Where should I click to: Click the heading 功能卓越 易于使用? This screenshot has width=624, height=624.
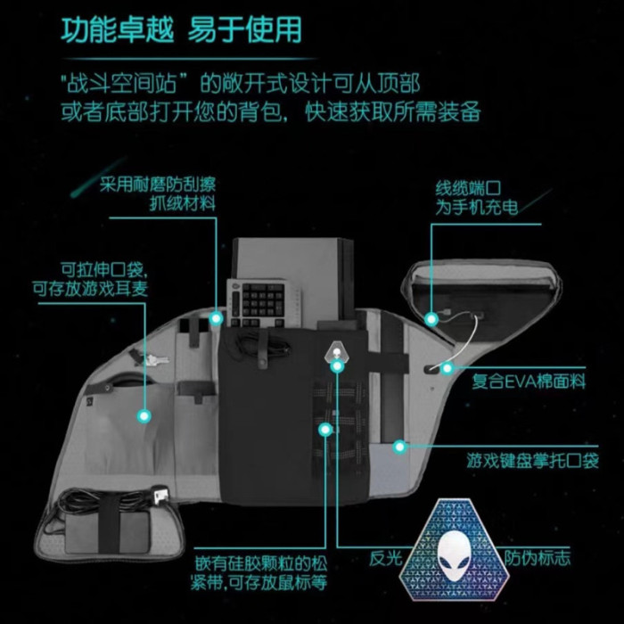pyautogui.click(x=181, y=29)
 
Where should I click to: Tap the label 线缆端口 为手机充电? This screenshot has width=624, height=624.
pyautogui.click(x=476, y=198)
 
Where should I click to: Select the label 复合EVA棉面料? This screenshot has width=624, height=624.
pyautogui.click(x=529, y=382)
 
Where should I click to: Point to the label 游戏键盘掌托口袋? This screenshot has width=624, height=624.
pyautogui.click(x=533, y=461)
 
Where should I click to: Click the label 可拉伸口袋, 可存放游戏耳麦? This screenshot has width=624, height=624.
pyautogui.click(x=90, y=279)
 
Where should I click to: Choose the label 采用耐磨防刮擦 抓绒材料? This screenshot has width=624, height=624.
pyautogui.click(x=158, y=193)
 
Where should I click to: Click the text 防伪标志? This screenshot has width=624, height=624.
pyautogui.click(x=538, y=557)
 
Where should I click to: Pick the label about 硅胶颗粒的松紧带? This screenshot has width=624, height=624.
pyautogui.click(x=259, y=573)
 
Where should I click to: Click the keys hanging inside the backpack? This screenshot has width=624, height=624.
pyautogui.click(x=153, y=360)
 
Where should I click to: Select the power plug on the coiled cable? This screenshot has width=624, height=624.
pyautogui.click(x=162, y=495)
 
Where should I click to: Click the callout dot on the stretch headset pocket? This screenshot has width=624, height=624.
pyautogui.click(x=144, y=416)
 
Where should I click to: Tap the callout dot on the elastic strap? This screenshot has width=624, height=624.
pyautogui.click(x=325, y=430)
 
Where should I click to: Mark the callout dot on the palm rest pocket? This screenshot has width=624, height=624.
pyautogui.click(x=399, y=447)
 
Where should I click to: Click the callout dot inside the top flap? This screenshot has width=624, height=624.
pyautogui.click(x=431, y=319)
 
